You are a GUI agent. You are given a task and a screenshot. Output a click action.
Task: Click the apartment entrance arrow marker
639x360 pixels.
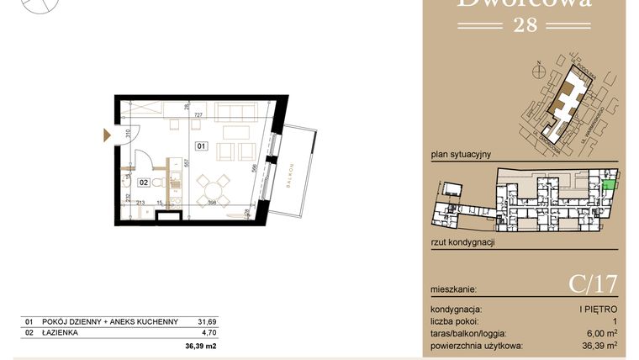[106, 134]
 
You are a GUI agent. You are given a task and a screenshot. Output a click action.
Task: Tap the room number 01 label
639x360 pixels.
[202, 146]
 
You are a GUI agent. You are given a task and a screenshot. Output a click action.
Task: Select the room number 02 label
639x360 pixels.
[144, 181]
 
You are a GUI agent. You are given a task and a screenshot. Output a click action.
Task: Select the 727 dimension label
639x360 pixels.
[199, 114]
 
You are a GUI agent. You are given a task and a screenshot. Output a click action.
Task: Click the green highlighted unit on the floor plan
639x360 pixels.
[609, 177]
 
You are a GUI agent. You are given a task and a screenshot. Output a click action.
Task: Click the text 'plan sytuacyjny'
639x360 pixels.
[460, 154]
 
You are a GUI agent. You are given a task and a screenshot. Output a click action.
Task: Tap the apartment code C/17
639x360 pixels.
[593, 284]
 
